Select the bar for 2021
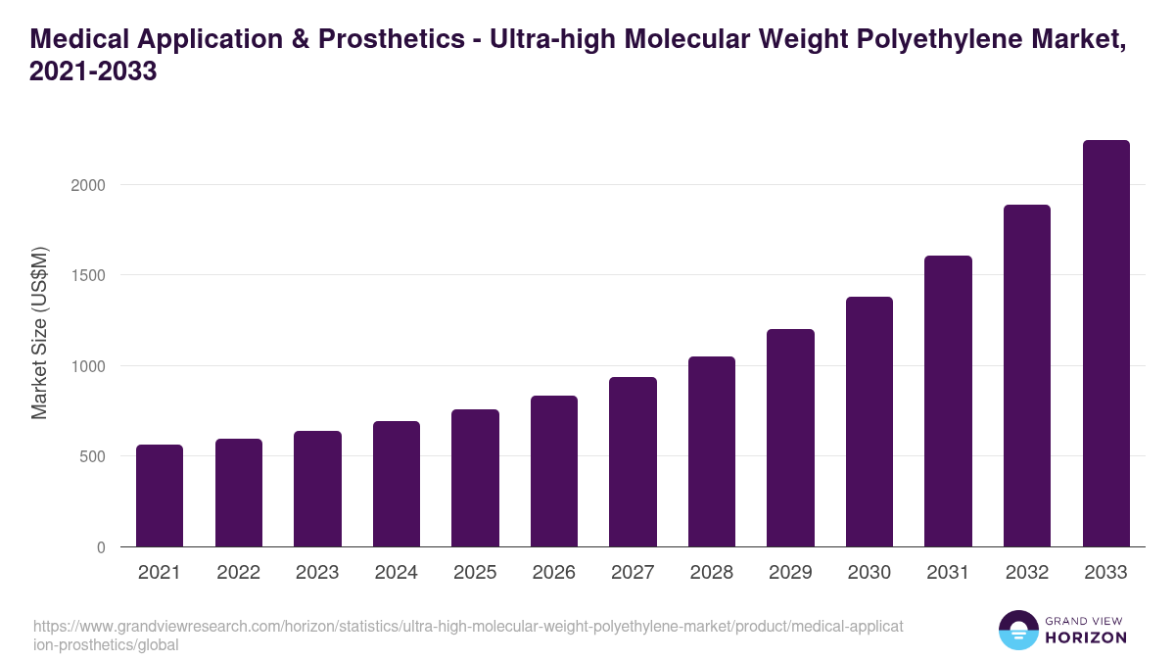point(160,496)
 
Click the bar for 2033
point(1106,344)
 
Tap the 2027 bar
point(633,462)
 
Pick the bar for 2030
point(869,422)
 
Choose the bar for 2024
point(397,484)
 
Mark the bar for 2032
point(1027,376)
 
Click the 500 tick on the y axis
point(92,456)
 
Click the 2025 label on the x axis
point(475,573)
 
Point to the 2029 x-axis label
point(790,573)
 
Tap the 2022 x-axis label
point(238,573)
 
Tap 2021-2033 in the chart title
point(94,72)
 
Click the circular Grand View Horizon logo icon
point(1018,631)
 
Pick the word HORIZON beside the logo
point(1086,637)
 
